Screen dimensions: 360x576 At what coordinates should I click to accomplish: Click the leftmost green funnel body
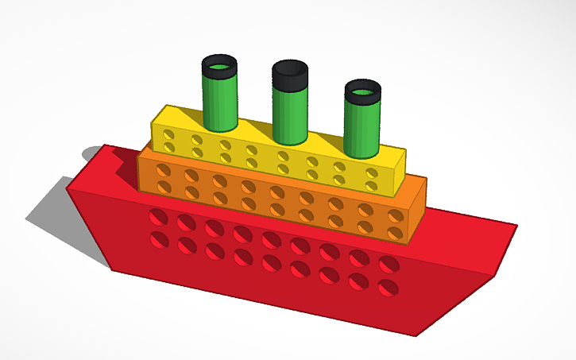[219, 103]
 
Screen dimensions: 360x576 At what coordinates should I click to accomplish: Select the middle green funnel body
[290, 115]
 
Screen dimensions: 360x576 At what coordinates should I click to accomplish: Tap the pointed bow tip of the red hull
[515, 227]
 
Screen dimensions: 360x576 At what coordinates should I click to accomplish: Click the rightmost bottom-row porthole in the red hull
[388, 287]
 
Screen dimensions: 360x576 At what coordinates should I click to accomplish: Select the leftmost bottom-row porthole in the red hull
[160, 239]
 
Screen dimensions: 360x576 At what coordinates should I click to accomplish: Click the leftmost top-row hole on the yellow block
[168, 136]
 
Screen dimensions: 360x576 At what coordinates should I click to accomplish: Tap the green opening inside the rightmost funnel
[362, 91]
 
